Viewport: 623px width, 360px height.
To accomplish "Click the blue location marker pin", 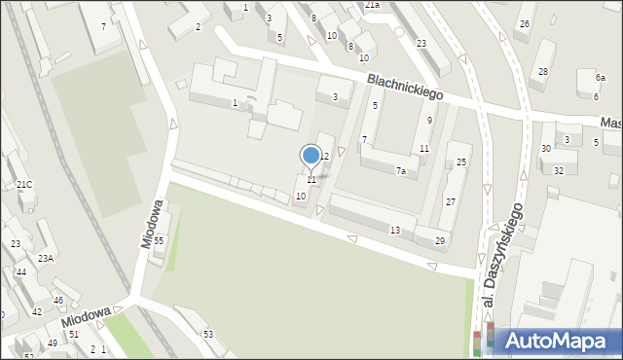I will point(311,156).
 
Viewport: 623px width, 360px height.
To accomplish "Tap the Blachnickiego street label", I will point(405,89).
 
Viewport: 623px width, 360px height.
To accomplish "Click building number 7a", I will point(400,170).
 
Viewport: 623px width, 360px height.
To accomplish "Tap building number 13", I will point(394,230).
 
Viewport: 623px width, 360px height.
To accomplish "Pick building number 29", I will point(440,240).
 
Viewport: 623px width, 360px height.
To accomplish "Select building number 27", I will point(451,201).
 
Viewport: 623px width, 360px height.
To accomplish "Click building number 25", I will point(462,162).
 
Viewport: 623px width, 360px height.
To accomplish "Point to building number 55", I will point(158,239).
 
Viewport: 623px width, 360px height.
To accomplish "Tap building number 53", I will point(207,334).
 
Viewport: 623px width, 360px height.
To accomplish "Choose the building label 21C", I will point(24,185).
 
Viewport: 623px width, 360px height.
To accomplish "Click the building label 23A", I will point(46,258).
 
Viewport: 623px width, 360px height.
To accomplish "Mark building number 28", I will point(542,72).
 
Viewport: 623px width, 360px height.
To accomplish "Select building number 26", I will point(524,23).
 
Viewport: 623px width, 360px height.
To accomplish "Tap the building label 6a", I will point(600,77).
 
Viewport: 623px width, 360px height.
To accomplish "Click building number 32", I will point(558,170).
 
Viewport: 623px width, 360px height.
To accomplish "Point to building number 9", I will point(429,120).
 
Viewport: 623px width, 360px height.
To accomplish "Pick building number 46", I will point(58,300).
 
